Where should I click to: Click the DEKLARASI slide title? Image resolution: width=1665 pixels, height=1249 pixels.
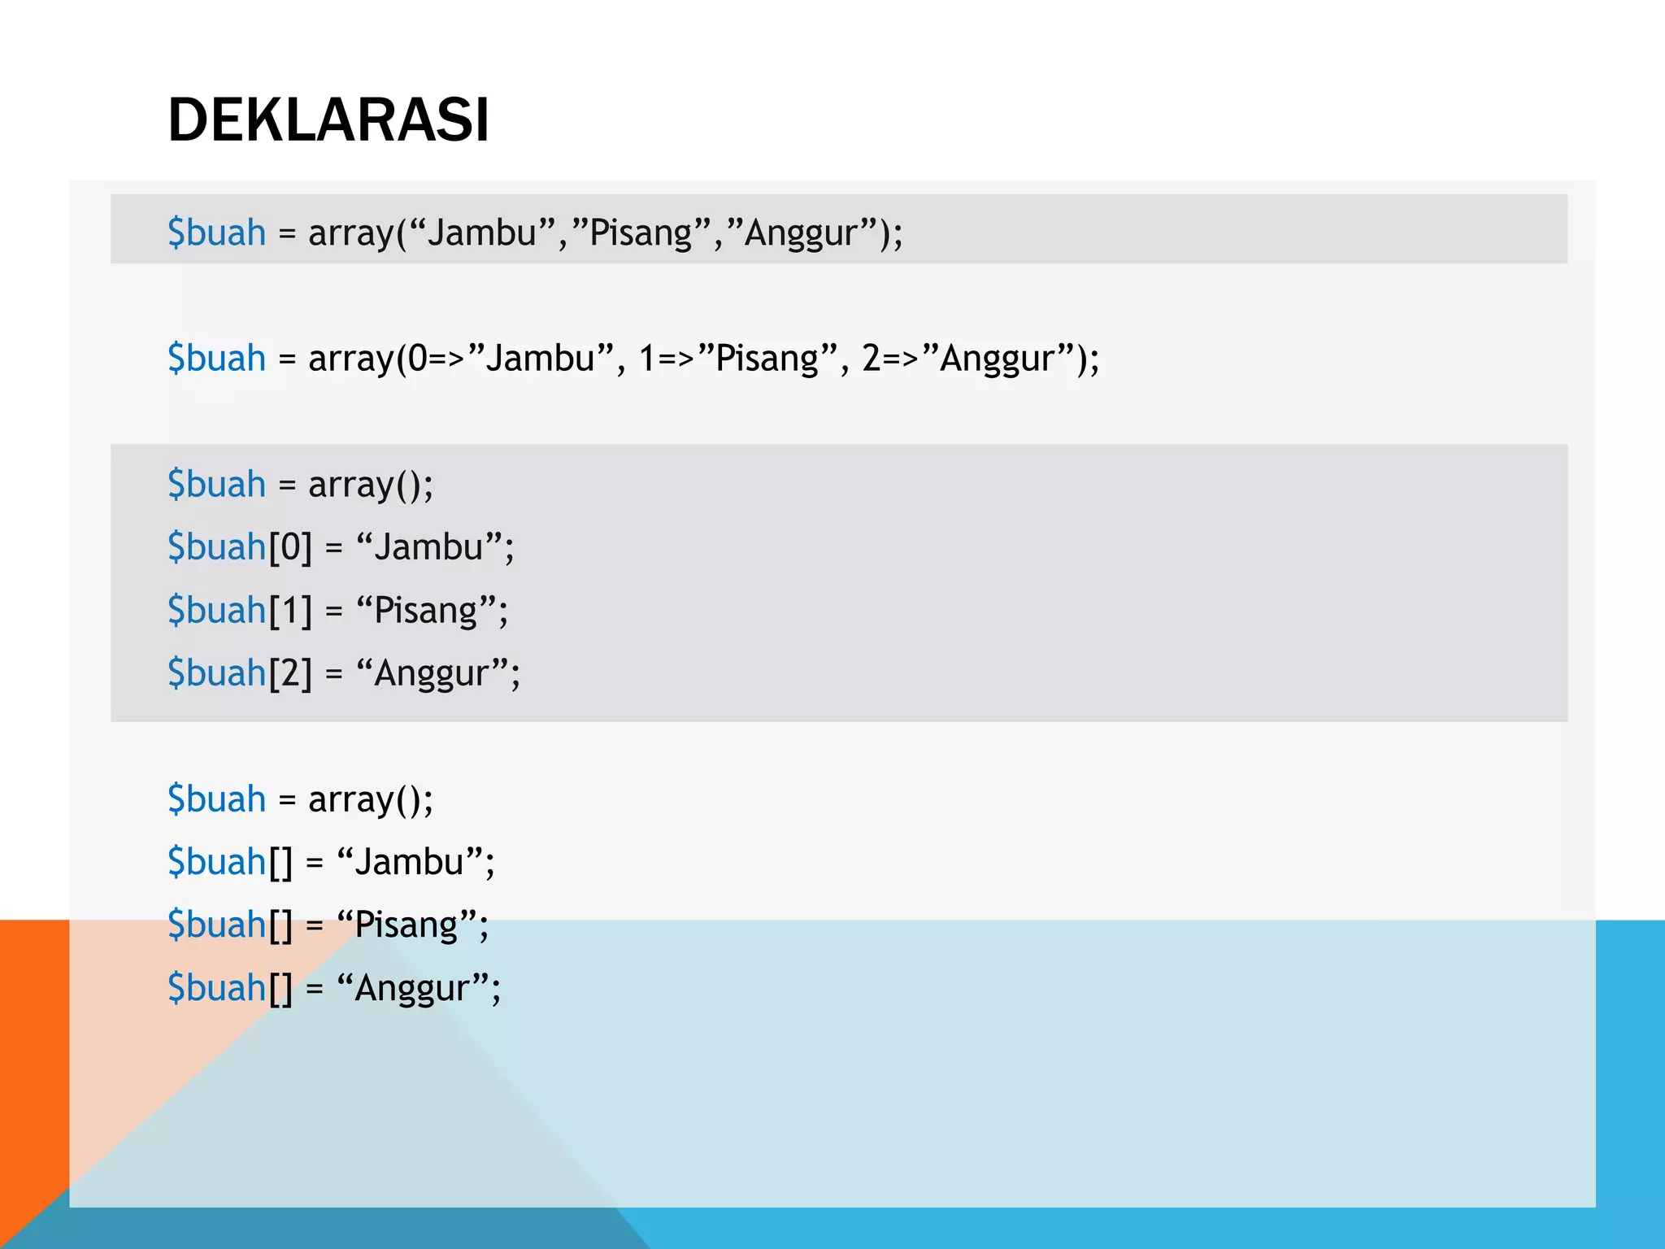coord(328,120)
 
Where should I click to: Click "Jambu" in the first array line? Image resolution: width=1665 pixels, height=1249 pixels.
coord(482,233)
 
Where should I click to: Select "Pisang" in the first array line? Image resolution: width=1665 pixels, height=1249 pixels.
coord(641,233)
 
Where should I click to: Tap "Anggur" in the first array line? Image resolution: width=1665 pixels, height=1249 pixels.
coord(801,234)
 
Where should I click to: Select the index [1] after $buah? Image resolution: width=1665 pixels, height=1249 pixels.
coord(290,611)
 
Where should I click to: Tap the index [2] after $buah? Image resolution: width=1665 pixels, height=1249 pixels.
coord(290,673)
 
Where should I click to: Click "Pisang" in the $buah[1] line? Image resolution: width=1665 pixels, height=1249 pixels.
coord(425,611)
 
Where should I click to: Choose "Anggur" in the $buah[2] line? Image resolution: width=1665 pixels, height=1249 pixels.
coord(432,674)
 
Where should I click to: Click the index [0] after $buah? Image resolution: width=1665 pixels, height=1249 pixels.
coord(290,547)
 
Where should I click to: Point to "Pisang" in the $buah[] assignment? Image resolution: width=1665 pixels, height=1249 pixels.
coord(406,925)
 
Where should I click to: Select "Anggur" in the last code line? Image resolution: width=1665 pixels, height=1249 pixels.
coord(412,989)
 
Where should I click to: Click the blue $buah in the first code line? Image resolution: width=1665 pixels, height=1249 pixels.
coord(216,233)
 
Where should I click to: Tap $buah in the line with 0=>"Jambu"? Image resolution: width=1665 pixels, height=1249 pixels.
coord(216,359)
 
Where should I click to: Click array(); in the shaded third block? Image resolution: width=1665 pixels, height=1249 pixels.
coord(371,485)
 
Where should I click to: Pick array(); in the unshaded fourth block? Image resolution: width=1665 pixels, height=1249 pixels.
coord(371,799)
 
